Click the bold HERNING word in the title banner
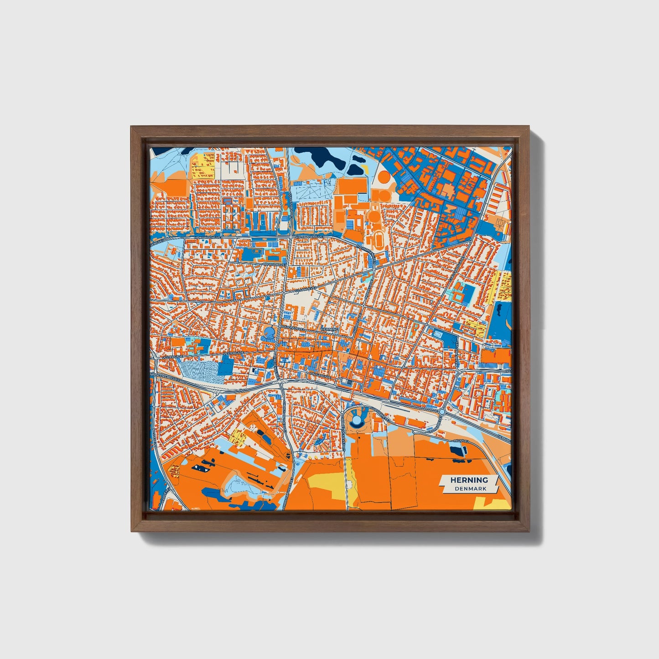(x=469, y=480)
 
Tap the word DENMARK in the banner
(x=470, y=488)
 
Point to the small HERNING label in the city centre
(x=330, y=329)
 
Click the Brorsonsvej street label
(x=274, y=264)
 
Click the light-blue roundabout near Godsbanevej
(x=441, y=412)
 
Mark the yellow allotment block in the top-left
(x=202, y=166)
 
